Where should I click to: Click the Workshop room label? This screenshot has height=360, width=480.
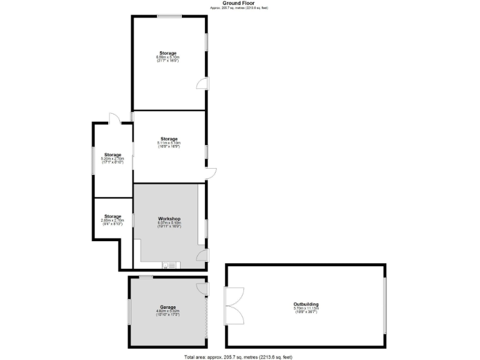point(169,219)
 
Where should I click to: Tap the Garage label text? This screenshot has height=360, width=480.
point(167,307)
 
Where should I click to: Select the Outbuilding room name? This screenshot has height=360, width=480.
point(306,304)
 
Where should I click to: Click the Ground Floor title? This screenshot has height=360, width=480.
point(239,3)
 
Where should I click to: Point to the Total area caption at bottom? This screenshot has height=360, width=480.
point(238,357)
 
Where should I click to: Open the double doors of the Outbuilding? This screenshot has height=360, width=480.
point(232,306)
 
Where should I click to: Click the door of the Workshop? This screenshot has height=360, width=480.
point(201,255)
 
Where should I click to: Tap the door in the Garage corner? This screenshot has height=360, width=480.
point(201,287)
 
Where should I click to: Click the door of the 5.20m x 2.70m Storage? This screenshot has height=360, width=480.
point(112,119)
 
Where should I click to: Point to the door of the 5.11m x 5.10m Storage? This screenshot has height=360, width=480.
point(211,173)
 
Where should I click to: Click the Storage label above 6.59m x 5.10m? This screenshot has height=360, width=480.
point(168,53)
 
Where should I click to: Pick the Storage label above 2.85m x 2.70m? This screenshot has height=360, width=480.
point(112,216)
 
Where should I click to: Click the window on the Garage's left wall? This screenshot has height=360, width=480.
point(129,311)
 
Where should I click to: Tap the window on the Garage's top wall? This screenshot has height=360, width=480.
point(146,277)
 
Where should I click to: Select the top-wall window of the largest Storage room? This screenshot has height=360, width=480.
point(169,16)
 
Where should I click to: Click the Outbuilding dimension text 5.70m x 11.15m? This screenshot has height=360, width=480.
point(306,308)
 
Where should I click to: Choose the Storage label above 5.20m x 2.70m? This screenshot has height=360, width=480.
point(112,154)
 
